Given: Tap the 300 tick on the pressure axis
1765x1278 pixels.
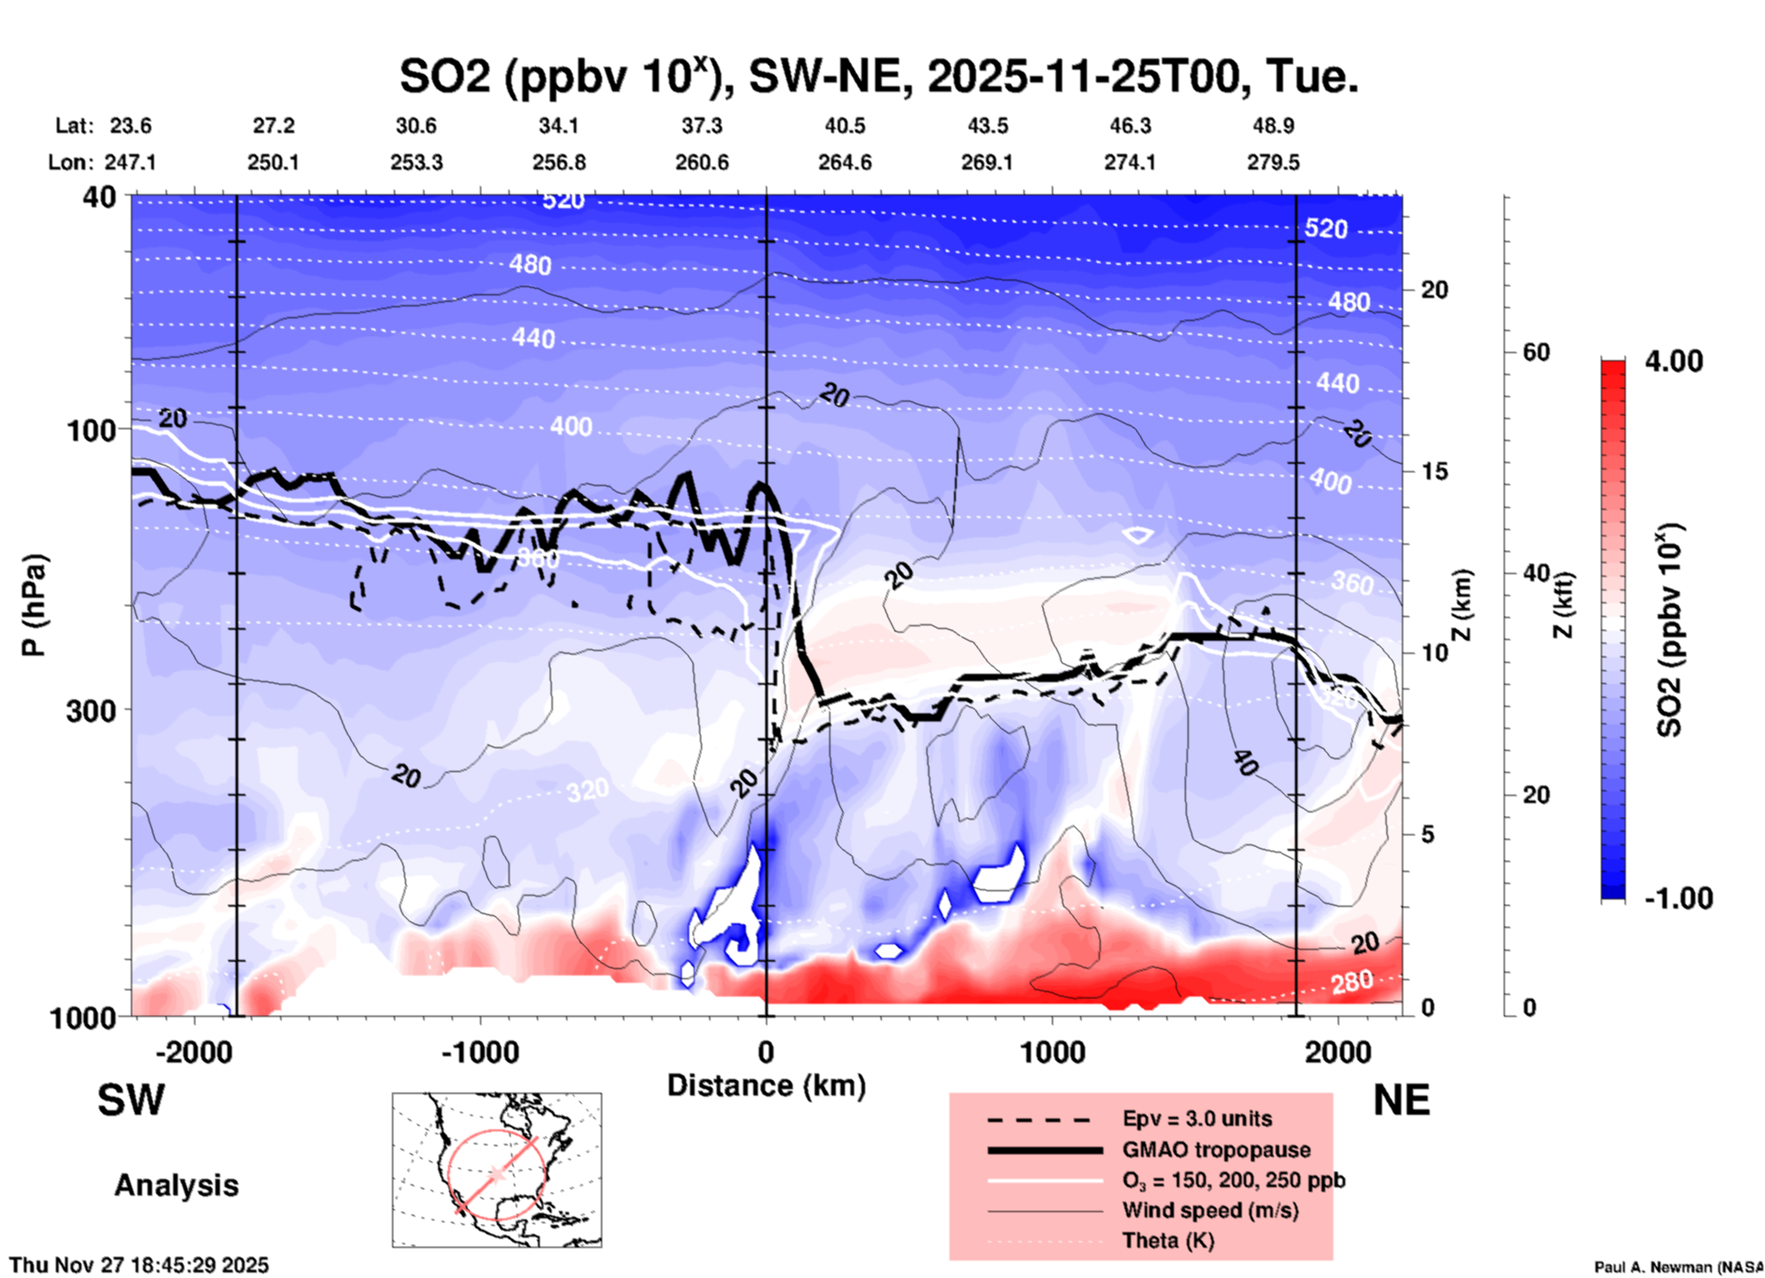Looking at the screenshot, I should click(x=92, y=711).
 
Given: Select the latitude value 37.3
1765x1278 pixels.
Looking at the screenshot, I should click(x=701, y=126).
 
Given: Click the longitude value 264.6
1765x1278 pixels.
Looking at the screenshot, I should click(x=844, y=162).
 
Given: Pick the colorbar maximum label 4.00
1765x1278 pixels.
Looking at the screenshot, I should click(x=1673, y=361).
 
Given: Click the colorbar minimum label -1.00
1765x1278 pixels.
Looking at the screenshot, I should click(x=1678, y=898).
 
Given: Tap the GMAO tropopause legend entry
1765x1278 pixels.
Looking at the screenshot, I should click(x=1216, y=1150).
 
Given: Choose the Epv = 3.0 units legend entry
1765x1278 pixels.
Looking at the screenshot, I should click(x=1197, y=1118).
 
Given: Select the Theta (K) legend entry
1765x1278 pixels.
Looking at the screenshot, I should click(x=1168, y=1240).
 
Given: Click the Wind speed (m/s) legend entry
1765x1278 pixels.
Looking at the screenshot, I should click(x=1210, y=1210).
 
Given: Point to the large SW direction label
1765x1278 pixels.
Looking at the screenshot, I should click(x=131, y=1100).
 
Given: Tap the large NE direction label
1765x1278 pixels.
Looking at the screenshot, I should click(x=1401, y=1100).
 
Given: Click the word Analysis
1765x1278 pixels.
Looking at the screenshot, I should click(x=176, y=1185).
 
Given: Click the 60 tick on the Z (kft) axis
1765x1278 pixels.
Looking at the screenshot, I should click(x=1536, y=352).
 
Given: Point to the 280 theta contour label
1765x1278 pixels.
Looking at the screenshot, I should click(x=1352, y=982).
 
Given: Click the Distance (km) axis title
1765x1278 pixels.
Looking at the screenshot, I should click(x=766, y=1085).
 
